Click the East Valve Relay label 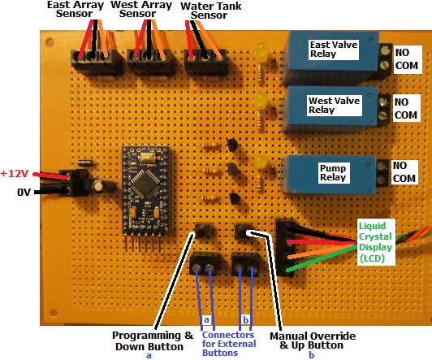334,49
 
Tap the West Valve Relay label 334,105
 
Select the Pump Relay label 333,172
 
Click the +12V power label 15,174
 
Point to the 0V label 24,192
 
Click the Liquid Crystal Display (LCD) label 375,242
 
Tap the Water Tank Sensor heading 211,11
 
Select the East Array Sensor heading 76,9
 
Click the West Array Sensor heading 141,9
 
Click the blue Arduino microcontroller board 146,191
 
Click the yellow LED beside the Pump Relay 260,161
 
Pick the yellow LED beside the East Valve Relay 261,52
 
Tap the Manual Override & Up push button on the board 244,231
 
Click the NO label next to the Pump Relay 400,166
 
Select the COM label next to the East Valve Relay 407,66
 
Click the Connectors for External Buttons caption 229,344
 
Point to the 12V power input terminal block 76,183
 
